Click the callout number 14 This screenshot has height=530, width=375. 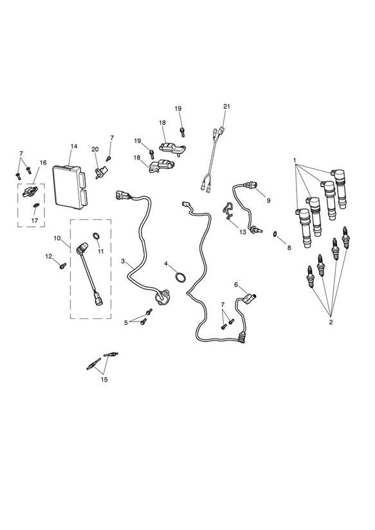74,147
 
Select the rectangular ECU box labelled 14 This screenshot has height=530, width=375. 69,187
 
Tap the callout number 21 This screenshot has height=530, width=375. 226,107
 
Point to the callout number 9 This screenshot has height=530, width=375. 268,201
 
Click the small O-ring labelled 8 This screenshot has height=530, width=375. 275,233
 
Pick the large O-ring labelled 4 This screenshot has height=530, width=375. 181,277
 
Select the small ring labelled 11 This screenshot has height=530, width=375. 96,236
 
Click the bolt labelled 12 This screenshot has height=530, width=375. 62,266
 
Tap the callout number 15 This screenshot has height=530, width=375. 104,379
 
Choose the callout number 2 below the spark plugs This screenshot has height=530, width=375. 331,322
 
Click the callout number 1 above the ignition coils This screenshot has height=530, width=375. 295,160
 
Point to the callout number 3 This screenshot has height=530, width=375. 123,261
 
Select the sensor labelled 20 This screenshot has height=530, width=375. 101,172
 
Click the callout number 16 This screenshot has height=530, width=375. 43,163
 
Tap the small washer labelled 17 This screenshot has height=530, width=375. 36,205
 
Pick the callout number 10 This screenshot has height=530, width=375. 57,238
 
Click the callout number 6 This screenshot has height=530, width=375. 236,284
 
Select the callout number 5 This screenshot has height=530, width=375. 126,322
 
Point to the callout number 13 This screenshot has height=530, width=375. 242,232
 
